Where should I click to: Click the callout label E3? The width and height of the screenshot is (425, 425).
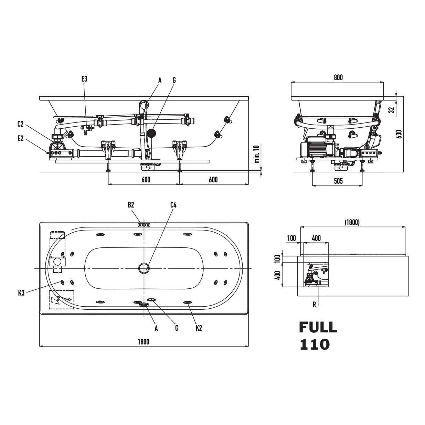[x=84, y=79]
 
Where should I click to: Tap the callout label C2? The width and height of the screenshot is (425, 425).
[x=21, y=124]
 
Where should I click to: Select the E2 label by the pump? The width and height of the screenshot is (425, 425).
[x=21, y=138]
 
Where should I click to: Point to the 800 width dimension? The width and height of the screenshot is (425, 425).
[x=338, y=77]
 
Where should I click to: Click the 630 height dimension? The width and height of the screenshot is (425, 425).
[x=399, y=134]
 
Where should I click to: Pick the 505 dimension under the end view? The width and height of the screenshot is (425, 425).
[x=338, y=181]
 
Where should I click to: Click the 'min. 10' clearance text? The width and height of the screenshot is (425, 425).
[x=257, y=154]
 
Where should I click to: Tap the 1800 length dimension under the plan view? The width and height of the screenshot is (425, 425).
[x=144, y=342]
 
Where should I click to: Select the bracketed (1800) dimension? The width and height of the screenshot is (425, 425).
[x=352, y=223]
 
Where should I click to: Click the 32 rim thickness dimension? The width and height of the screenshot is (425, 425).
[x=391, y=110]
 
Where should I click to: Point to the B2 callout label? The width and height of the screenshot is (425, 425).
[x=131, y=205]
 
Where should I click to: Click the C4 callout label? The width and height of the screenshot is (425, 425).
[x=173, y=205]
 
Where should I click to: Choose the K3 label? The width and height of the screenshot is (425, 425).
[x=21, y=293]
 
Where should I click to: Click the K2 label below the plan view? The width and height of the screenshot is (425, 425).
[x=199, y=328]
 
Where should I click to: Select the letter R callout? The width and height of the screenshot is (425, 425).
[x=314, y=305]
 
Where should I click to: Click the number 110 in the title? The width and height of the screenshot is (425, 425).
[x=315, y=344]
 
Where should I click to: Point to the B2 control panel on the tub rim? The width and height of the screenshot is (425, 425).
[x=144, y=225]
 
